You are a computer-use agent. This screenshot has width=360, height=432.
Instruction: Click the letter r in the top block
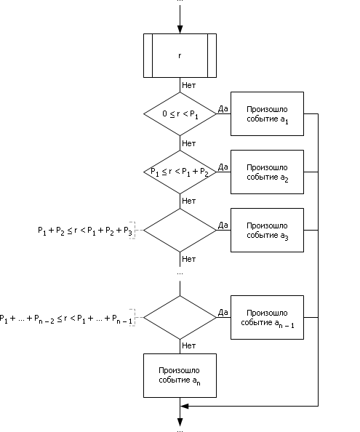coord(180,56)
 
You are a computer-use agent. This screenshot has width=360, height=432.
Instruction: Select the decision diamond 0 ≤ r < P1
coord(180,113)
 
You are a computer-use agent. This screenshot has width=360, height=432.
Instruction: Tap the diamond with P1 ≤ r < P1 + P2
coord(180,172)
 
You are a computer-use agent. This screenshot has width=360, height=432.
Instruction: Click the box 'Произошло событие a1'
coord(267,113)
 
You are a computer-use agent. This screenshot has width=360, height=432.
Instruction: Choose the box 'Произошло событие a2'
coord(267,172)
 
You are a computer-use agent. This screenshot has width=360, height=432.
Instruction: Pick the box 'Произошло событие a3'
coord(267,230)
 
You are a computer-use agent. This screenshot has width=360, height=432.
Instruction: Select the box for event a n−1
coord(267,317)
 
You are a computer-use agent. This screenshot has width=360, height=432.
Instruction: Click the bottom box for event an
coord(180,375)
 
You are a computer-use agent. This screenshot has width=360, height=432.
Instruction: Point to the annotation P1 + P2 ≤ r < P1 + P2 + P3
coord(85,231)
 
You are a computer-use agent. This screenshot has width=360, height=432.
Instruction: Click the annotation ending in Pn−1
coord(66,319)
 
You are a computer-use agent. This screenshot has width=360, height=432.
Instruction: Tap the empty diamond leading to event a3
coord(180,230)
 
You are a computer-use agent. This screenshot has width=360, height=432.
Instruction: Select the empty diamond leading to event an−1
coord(180,317)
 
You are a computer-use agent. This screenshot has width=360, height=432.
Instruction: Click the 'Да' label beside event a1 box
coord(223,109)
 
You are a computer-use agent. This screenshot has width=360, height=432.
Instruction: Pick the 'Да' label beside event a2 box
coord(223,167)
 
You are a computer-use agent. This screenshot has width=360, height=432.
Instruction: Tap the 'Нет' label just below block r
coord(189,85)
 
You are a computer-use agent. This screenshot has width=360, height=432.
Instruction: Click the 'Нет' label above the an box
coord(189,345)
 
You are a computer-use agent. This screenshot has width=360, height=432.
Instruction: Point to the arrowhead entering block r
coord(180,30)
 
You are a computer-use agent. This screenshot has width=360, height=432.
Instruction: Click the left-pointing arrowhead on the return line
coord(184,406)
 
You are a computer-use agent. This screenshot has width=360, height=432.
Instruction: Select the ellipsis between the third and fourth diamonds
coord(180,273)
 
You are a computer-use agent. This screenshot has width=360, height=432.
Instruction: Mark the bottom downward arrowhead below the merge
coord(180,422)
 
